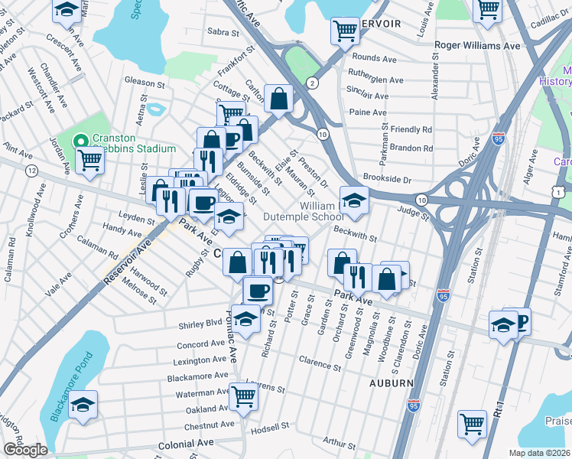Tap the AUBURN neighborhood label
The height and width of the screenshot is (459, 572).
coord(392,382)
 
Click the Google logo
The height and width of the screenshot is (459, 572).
coord(24,450)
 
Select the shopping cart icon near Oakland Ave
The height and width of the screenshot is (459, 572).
coord(243,396)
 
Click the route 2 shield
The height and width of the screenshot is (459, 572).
coord(312,83)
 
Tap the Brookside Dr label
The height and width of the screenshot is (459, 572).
coord(388,180)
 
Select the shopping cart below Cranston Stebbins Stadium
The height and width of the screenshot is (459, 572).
coord(90,160)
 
